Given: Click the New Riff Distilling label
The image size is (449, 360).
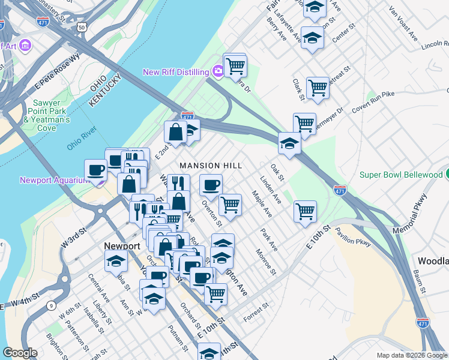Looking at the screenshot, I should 176,72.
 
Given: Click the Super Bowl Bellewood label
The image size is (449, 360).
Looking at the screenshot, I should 400,175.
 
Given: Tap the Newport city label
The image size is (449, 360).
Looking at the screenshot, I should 121,246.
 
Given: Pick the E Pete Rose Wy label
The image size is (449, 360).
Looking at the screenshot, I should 57,71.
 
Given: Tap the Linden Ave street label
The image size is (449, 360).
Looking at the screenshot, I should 270,188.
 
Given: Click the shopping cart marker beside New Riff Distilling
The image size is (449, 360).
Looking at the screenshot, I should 235,65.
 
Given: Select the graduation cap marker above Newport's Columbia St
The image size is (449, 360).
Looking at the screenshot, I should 116,261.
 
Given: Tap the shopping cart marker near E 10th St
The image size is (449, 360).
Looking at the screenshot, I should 305,212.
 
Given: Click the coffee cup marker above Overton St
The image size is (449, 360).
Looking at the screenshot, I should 210,185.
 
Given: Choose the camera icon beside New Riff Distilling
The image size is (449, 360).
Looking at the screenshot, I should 217,72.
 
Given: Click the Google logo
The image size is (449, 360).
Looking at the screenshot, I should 20,353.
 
